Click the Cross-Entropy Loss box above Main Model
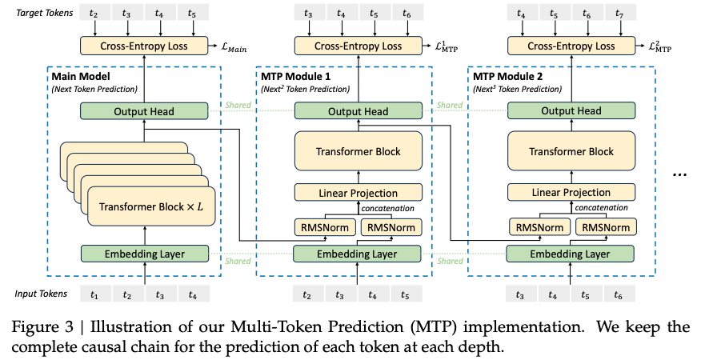pos(144,46)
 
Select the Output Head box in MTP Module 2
pos(571,111)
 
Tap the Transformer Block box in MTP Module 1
pos(359,151)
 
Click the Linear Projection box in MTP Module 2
pos(571,192)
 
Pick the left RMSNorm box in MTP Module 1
pos(325,227)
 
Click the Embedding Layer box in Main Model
pos(145,254)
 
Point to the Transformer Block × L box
pos(151,206)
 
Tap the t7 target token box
pos(619,13)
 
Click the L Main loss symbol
pos(234,47)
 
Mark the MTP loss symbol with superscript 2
pos(660,46)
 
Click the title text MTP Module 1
pos(295,77)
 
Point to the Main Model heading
pos(81,77)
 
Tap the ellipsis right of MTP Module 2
pos(679,174)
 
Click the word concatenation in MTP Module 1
pos(387,209)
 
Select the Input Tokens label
pos(41,294)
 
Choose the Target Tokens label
pos(44,13)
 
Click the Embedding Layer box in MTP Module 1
pos(357,254)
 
